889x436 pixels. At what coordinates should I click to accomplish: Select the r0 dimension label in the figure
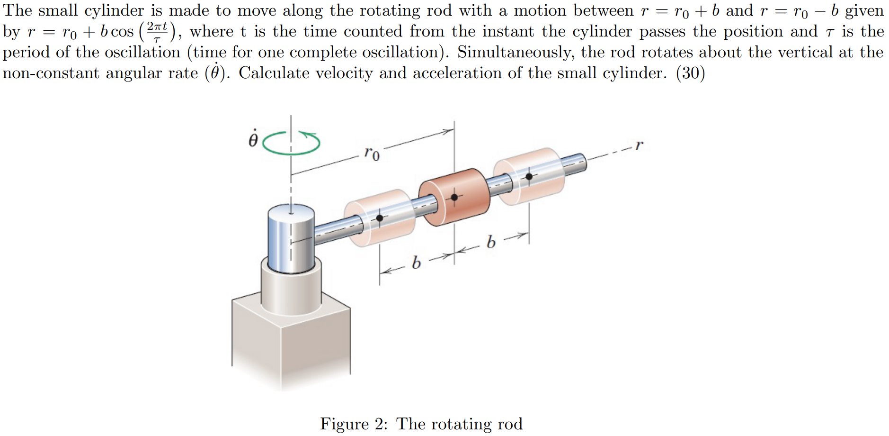coord(372,153)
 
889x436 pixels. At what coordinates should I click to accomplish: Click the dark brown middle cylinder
coord(454,196)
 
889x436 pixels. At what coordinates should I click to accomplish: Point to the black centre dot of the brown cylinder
coord(454,197)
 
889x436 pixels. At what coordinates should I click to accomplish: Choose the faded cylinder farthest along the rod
coord(529,176)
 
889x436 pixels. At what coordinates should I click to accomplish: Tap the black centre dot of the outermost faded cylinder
coord(529,176)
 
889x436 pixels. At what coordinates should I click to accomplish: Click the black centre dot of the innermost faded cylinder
coord(380,218)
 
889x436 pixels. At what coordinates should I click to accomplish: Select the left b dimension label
coord(416,262)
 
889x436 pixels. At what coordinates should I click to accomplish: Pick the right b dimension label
coord(491,242)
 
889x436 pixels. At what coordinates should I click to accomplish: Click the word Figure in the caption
coord(344,424)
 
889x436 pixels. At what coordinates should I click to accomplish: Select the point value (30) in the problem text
coord(691,73)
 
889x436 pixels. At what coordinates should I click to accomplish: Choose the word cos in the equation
coord(122,32)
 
